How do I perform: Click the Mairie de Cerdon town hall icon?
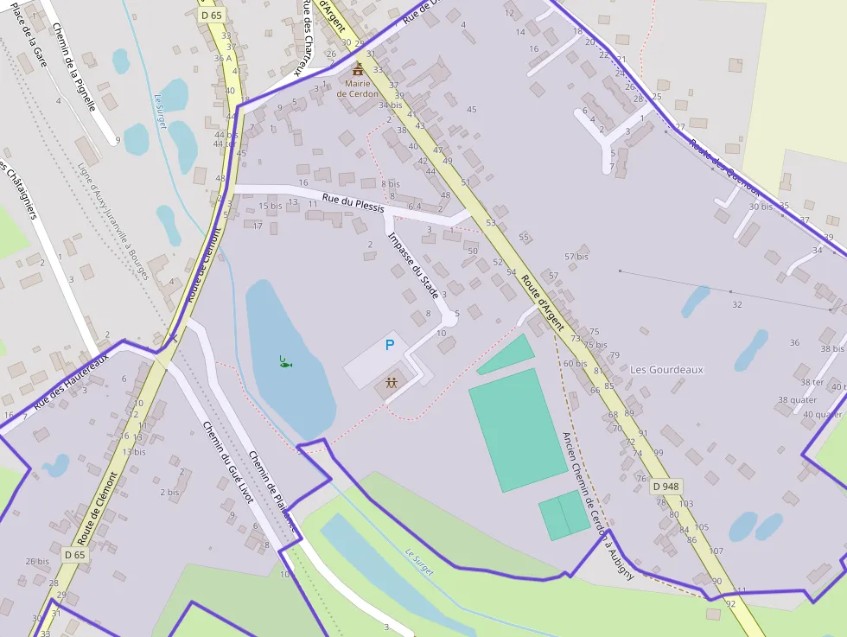(x=358, y=68)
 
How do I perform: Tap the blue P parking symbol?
(x=390, y=346)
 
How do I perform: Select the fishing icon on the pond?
(x=284, y=361)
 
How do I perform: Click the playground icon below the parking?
(x=392, y=383)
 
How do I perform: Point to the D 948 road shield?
(x=665, y=487)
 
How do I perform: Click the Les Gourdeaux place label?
(x=666, y=369)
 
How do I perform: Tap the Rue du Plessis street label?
(x=353, y=202)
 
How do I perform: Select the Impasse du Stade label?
(x=414, y=265)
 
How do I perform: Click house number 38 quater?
(x=797, y=400)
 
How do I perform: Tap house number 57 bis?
(x=576, y=257)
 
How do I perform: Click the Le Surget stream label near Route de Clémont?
(x=160, y=111)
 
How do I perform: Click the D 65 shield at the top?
(x=211, y=15)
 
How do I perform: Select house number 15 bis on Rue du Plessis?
(x=271, y=206)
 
